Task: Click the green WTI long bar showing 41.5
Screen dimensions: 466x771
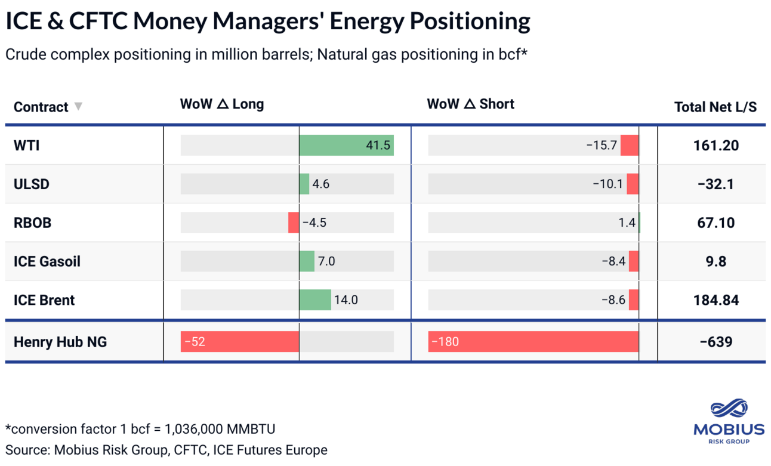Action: (346, 145)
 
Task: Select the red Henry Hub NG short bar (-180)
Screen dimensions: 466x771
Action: (533, 342)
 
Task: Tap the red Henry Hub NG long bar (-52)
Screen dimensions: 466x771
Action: (239, 342)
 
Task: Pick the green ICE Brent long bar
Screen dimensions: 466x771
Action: (315, 300)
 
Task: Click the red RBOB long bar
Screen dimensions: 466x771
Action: (294, 223)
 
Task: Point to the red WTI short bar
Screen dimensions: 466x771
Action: (629, 145)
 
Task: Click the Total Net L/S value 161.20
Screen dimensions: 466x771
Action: (716, 146)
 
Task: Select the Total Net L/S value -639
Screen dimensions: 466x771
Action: (716, 342)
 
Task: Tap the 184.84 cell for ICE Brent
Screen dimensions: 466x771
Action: (716, 300)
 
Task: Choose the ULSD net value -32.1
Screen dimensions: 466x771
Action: (716, 184)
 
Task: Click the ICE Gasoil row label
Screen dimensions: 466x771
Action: (47, 261)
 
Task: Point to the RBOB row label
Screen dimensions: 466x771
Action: (33, 223)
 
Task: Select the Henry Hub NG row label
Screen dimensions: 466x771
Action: (60, 342)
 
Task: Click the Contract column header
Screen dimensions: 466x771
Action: (41, 107)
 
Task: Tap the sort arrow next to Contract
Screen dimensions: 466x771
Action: (78, 107)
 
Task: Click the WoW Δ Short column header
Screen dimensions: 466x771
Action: (470, 104)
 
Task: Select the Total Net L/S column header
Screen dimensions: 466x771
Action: (715, 107)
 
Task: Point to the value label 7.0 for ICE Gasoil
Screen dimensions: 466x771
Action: (326, 261)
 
